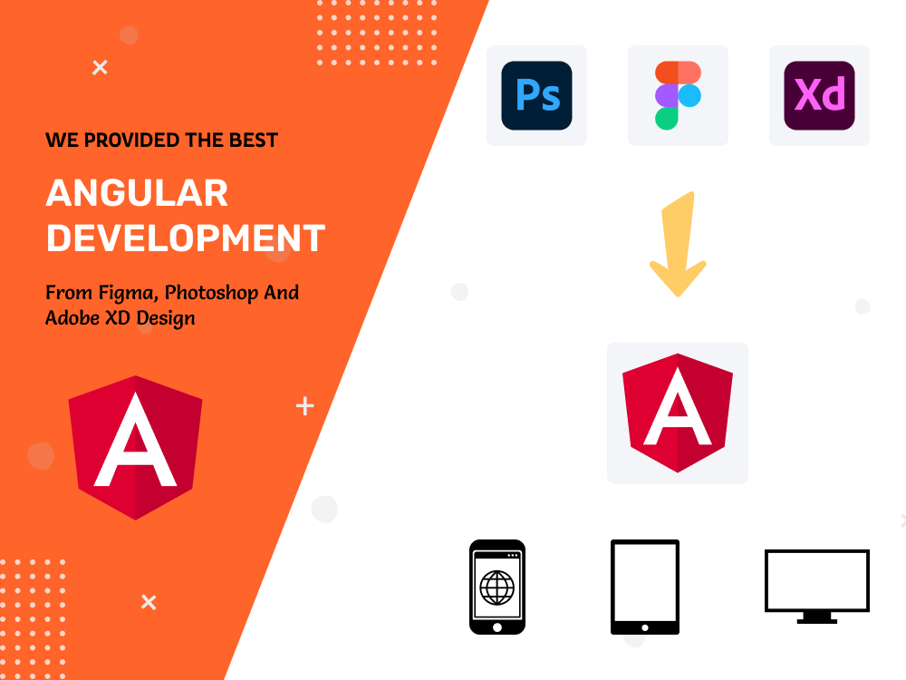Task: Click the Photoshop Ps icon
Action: (x=536, y=95)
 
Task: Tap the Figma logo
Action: (x=678, y=95)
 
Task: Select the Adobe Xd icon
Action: (x=819, y=95)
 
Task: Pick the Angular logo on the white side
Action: (x=678, y=413)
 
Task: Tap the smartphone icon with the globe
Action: (x=496, y=588)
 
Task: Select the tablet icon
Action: (x=644, y=587)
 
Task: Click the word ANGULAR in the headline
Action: (x=137, y=193)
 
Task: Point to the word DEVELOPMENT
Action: (x=186, y=238)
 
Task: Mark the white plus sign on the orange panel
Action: (x=305, y=406)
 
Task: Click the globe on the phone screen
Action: (x=496, y=587)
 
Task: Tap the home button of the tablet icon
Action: (x=644, y=626)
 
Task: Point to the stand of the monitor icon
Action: (x=816, y=617)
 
